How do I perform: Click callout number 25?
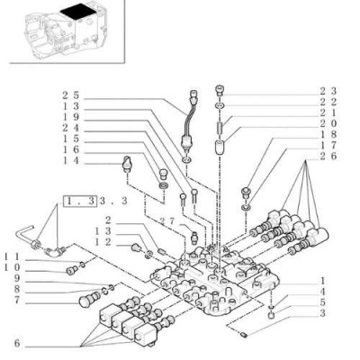click(70, 95)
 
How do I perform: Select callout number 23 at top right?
click(328, 91)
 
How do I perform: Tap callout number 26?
click(328, 156)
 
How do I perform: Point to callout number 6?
click(17, 343)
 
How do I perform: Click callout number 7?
click(17, 300)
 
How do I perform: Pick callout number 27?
click(166, 221)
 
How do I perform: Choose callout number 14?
click(70, 160)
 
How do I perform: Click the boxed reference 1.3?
click(80, 201)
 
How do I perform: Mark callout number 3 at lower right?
click(322, 313)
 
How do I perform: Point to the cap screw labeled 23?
click(220, 91)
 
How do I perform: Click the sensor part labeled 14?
click(128, 164)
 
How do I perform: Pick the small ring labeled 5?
click(272, 315)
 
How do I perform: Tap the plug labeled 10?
click(71, 271)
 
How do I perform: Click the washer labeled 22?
click(220, 105)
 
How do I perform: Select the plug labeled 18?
click(246, 193)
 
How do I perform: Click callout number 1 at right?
click(322, 281)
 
